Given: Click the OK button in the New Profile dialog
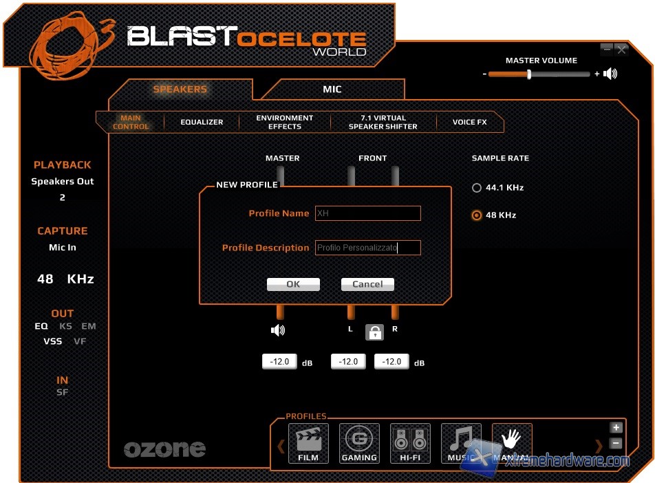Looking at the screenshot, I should (293, 284).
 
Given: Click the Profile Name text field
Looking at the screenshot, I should (367, 213).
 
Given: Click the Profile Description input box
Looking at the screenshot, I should (367, 248).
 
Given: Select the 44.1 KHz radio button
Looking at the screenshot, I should (477, 188).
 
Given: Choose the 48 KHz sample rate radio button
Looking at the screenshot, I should (477, 215).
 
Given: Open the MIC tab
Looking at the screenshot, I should (332, 89).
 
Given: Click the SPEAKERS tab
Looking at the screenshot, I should (180, 89).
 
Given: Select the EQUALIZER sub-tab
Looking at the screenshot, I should (202, 122).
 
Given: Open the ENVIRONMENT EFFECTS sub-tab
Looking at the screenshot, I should (284, 122).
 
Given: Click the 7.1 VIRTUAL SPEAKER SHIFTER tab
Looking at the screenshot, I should (383, 122).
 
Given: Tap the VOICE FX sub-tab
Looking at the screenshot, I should (469, 122).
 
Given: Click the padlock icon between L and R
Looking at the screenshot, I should (374, 332).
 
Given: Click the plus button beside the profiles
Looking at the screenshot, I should (616, 428).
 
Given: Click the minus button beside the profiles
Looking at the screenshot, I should (616, 444).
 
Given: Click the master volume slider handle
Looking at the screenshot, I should (529, 74).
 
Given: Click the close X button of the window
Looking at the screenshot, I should (621, 50).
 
